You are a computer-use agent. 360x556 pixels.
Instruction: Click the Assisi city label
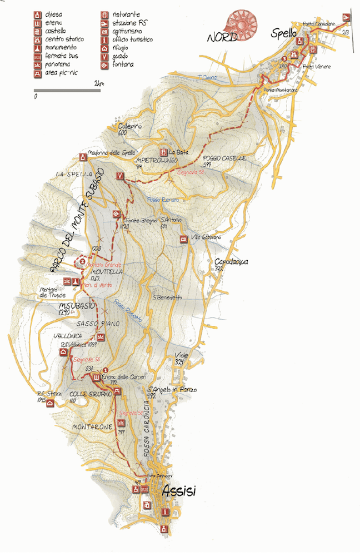(179, 491)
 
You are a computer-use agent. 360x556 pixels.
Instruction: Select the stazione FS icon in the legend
(104, 23)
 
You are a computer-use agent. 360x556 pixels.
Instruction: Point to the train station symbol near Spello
(347, 17)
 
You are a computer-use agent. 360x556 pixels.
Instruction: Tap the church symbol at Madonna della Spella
(83, 157)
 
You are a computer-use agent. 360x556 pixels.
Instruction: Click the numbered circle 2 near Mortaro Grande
(82, 260)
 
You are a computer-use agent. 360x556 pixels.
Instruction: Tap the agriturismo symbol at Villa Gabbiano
(183, 239)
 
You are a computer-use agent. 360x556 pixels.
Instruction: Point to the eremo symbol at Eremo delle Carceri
(96, 379)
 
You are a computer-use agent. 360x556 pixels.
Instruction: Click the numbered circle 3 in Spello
(284, 58)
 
